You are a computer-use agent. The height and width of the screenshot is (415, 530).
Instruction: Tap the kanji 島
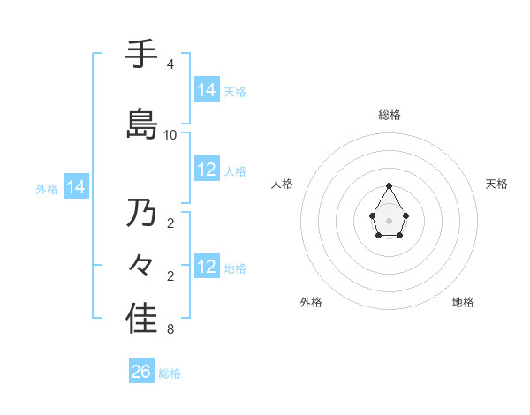coord(141,123)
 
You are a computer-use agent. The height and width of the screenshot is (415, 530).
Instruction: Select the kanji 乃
coord(141,213)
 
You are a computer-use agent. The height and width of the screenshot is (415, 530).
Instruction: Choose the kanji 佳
coord(141,319)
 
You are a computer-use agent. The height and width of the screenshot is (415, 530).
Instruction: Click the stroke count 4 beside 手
coord(170,64)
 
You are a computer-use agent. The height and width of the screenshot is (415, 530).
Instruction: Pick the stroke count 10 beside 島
coord(170,134)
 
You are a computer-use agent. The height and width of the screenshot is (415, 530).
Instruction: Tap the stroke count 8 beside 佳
coord(170,330)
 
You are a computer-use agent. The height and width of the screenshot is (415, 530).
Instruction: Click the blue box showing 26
coord(141,372)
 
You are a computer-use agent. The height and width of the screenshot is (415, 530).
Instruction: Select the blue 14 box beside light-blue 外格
coord(76,187)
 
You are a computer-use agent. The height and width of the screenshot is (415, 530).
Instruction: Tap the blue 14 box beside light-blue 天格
coord(207,90)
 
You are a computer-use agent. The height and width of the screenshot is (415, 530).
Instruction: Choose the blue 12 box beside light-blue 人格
coord(207,170)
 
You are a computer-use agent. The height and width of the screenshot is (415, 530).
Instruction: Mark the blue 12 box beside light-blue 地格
coord(207,267)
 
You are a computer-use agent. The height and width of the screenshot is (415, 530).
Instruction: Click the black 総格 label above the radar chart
coord(390,115)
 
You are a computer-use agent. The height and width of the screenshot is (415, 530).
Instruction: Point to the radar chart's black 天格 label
coord(497,184)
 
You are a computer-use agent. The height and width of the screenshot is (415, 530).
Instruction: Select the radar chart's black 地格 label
coord(463,302)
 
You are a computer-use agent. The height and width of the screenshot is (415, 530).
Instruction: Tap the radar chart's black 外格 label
coord(311,302)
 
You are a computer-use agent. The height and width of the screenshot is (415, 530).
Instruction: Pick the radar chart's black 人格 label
coord(282,184)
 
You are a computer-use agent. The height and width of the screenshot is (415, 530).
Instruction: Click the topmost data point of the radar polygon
coord(390,185)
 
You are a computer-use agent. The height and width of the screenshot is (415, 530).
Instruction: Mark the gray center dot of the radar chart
coord(390,220)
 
